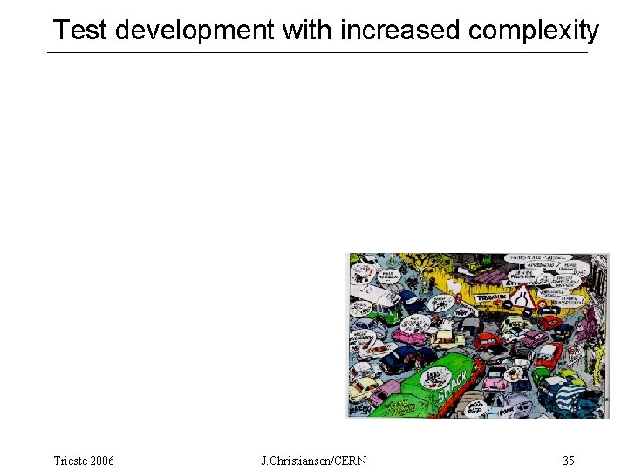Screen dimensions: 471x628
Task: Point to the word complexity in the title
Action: pos(534,31)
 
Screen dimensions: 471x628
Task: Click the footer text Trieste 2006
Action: pos(84,460)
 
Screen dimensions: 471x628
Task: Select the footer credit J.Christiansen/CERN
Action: pos(314,460)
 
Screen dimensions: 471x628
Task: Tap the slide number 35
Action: pos(569,460)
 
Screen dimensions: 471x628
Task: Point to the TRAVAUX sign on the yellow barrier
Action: pos(491,297)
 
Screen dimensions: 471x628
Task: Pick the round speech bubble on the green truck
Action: pos(432,378)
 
